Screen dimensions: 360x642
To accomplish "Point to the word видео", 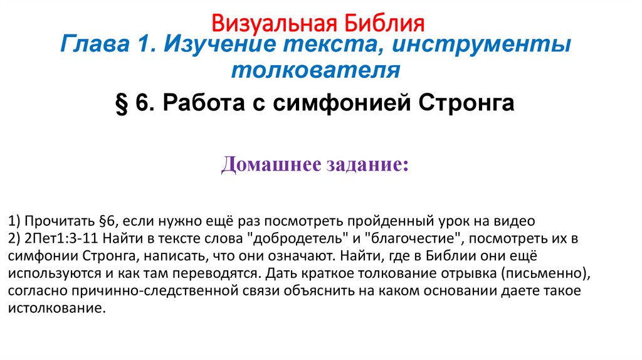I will pyautogui.click(x=517, y=221).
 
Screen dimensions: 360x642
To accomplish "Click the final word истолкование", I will pyautogui.click(x=55, y=309).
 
